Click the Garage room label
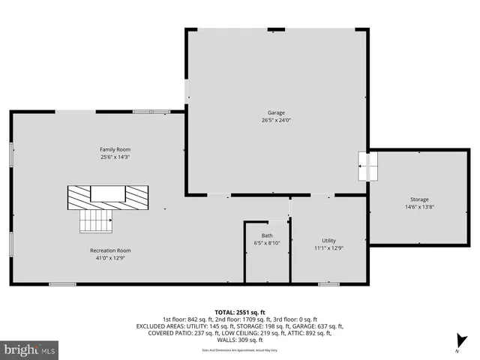pyautogui.click(x=276, y=112)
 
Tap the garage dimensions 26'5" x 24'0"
pyautogui.click(x=276, y=120)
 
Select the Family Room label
pyautogui.click(x=115, y=149)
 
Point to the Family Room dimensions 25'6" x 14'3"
pyautogui.click(x=115, y=157)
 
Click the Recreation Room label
pyautogui.click(x=110, y=250)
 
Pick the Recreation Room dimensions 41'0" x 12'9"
pyautogui.click(x=110, y=258)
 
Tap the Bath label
pyautogui.click(x=267, y=235)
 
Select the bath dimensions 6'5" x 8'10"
pyautogui.click(x=267, y=243)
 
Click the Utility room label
pyautogui.click(x=328, y=240)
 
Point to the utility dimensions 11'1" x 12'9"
pyautogui.click(x=328, y=248)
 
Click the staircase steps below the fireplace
pyautogui.click(x=96, y=221)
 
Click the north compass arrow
pyautogui.click(x=461, y=342)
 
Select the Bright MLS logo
pyautogui.click(x=30, y=349)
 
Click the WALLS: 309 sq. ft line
pyautogui.click(x=239, y=340)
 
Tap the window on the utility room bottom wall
pyautogui.click(x=328, y=283)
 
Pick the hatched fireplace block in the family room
pyautogui.click(x=107, y=197)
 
